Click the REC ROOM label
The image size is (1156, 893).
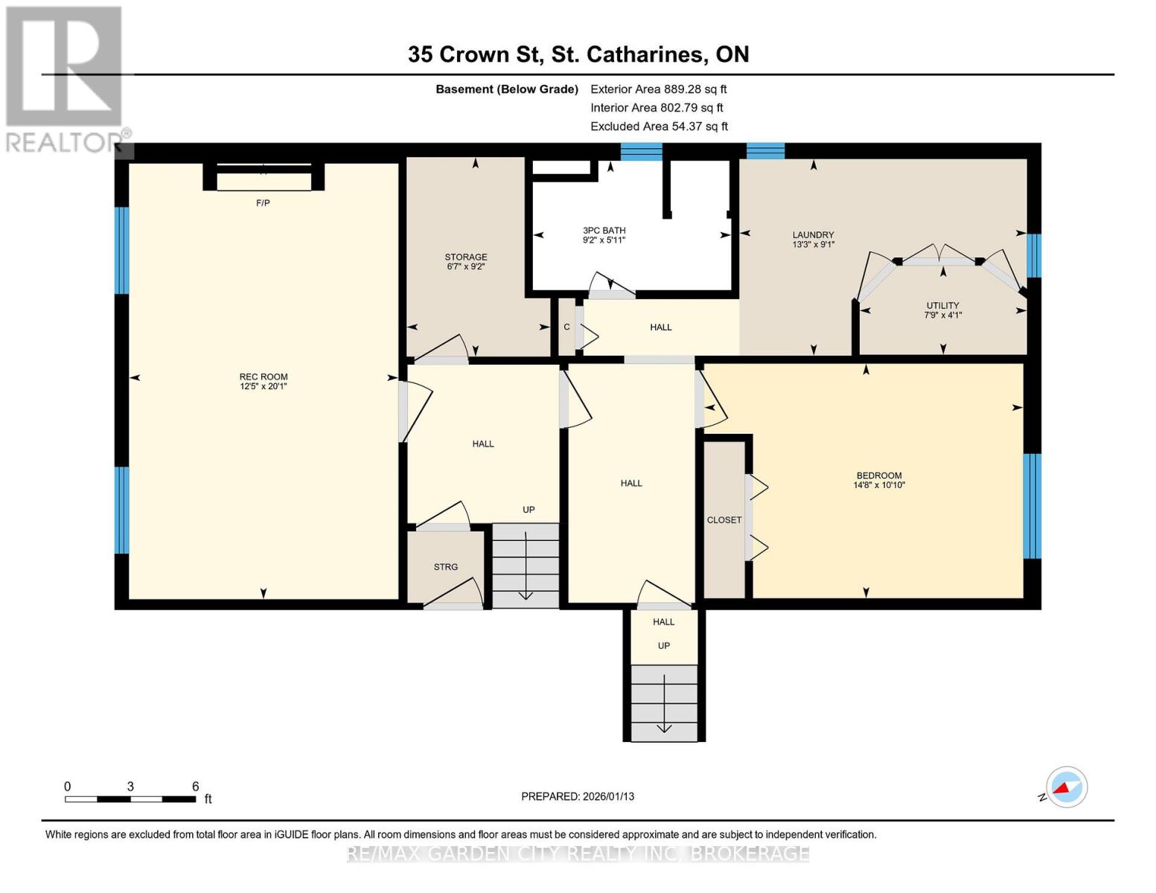(x=263, y=377)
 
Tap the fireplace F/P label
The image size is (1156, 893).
(x=263, y=203)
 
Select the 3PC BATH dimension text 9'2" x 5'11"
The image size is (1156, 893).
(x=604, y=240)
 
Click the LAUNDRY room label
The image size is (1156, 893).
(x=813, y=234)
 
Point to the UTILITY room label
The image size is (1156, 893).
(x=942, y=305)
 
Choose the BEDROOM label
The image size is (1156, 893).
(x=878, y=476)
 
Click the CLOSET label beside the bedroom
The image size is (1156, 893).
(x=724, y=520)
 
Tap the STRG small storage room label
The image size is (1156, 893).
(x=446, y=567)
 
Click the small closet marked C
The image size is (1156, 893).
(x=566, y=327)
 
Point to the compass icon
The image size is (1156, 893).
(x=1066, y=787)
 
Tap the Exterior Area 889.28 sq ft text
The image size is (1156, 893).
(x=658, y=89)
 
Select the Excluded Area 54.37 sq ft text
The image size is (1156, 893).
(x=659, y=127)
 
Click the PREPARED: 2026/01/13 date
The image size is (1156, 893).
(x=578, y=796)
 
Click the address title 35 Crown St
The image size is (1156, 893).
(x=578, y=54)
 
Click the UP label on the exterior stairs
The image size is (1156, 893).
(x=663, y=646)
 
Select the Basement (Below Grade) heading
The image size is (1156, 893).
(x=507, y=89)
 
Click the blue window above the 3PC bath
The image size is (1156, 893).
(x=641, y=152)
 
